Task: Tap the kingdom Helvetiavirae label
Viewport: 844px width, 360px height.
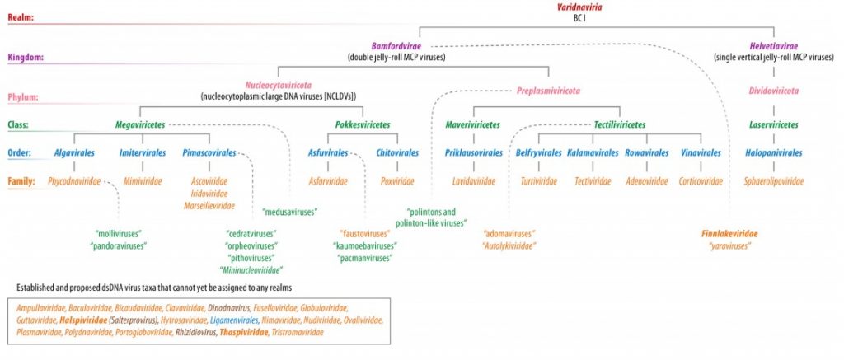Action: (752, 46)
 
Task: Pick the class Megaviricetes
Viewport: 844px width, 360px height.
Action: (140, 124)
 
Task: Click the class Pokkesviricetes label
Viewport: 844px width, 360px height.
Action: (363, 124)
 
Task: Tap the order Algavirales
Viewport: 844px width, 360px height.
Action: (76, 152)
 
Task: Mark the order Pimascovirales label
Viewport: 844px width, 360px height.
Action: (207, 152)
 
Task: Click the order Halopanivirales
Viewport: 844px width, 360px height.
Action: (752, 152)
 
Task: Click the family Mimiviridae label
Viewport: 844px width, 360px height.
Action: (141, 180)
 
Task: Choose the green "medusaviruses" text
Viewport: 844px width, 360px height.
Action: (289, 213)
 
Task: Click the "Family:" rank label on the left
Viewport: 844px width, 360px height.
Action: (21, 180)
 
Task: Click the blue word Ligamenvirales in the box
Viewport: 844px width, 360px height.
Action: (234, 320)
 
